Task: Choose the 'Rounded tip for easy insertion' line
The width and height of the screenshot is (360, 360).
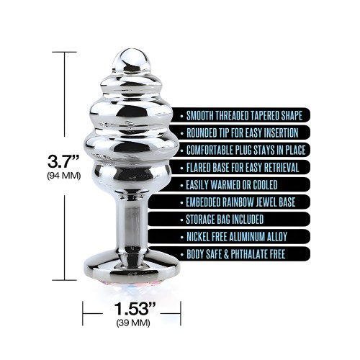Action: pos(245,132)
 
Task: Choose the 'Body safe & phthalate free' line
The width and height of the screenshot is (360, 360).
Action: pos(237,253)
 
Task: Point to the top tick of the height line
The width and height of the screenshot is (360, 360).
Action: pos(65,52)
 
